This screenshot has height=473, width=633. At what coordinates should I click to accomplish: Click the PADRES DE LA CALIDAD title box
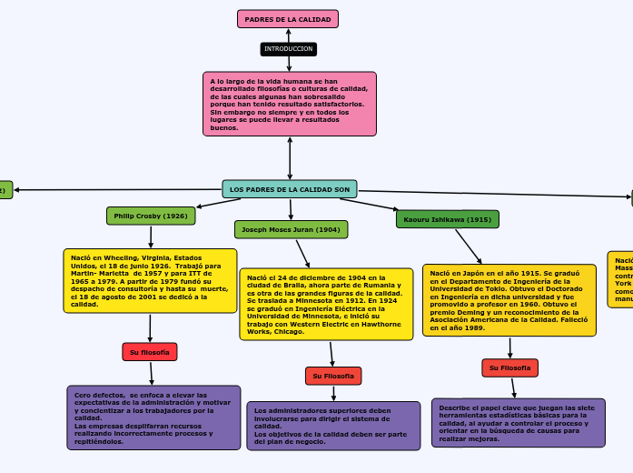pyautogui.click(x=288, y=19)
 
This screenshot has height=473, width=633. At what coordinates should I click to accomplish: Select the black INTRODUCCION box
pyautogui.click(x=288, y=48)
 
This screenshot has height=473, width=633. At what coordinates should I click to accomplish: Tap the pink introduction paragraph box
pyautogui.click(x=289, y=104)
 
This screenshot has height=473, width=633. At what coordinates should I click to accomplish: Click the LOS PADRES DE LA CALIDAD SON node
pyautogui.click(x=290, y=189)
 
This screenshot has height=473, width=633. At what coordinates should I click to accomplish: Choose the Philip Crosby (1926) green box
pyautogui.click(x=151, y=216)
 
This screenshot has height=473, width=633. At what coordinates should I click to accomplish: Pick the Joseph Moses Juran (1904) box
pyautogui.click(x=291, y=229)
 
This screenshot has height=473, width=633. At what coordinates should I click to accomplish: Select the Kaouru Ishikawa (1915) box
pyautogui.click(x=447, y=219)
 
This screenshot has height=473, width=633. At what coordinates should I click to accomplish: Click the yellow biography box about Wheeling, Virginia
pyautogui.click(x=150, y=280)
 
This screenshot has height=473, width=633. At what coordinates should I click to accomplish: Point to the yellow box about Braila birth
pyautogui.click(x=325, y=304)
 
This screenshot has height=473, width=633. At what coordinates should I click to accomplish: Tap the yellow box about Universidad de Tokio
pyautogui.click(x=509, y=300)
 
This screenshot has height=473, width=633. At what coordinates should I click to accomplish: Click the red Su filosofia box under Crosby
pyautogui.click(x=150, y=351)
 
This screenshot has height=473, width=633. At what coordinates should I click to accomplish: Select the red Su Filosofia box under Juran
pyautogui.click(x=333, y=376)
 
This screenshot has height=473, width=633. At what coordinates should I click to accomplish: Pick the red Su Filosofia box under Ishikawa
pyautogui.click(x=509, y=367)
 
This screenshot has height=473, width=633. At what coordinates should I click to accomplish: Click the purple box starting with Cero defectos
pyautogui.click(x=153, y=418)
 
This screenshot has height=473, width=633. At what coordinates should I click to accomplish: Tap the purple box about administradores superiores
pyautogui.click(x=333, y=426)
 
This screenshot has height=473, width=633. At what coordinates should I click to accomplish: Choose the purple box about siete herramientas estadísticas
pyautogui.click(x=518, y=423)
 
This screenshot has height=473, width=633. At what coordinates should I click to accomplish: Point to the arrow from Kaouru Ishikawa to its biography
pyautogui.click(x=468, y=246)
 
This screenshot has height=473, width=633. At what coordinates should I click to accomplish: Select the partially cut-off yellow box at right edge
pyautogui.click(x=621, y=279)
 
